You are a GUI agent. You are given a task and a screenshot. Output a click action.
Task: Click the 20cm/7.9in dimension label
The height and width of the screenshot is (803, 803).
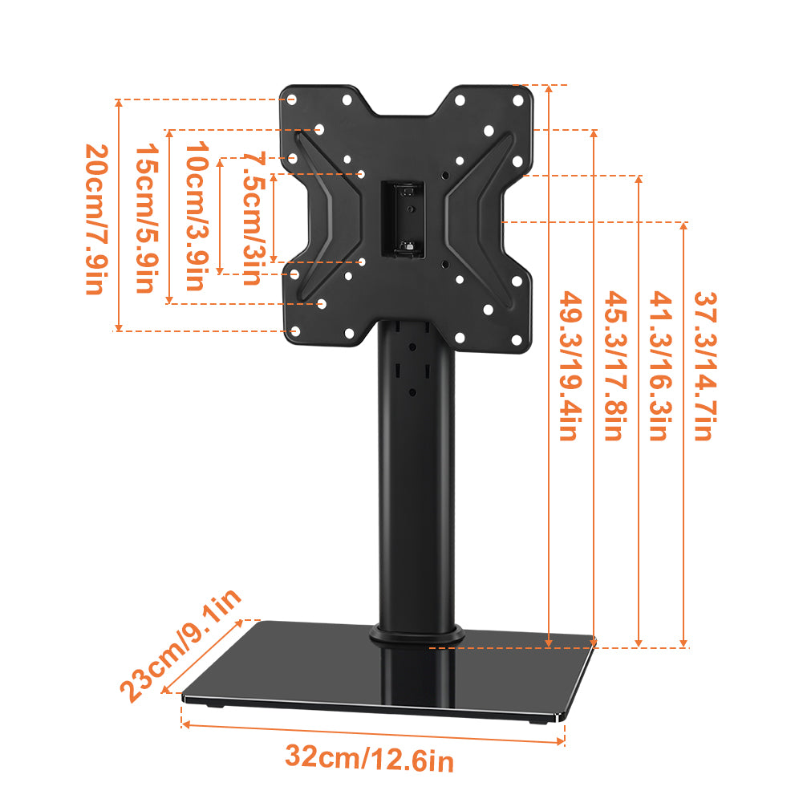click(x=96, y=219)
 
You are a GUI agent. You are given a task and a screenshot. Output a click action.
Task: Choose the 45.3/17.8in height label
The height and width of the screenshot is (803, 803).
click(x=614, y=365)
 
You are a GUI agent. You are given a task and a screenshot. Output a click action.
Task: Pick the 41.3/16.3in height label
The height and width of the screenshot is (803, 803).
click(x=659, y=365)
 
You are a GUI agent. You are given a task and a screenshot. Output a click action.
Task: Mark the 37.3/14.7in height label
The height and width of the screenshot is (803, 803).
click(x=704, y=365)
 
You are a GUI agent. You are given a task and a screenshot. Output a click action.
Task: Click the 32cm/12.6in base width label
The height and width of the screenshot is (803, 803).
click(x=369, y=757)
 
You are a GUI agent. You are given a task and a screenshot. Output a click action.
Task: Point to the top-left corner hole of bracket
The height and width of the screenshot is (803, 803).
click(x=292, y=100)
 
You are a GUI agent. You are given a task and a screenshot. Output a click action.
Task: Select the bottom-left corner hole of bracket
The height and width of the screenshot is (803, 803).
click(x=294, y=331)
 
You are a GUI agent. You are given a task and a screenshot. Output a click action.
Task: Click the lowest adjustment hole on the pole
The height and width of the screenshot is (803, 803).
click(x=412, y=393)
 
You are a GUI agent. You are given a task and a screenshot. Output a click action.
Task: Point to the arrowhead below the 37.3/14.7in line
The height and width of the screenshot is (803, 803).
click(x=683, y=641)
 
